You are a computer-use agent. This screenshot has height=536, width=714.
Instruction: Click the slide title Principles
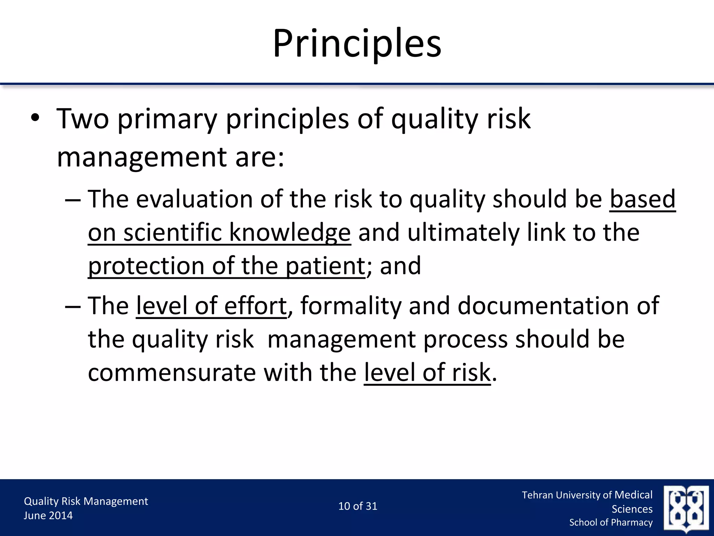357,44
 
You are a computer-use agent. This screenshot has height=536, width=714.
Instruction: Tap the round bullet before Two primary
35,119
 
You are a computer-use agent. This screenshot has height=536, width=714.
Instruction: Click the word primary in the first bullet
167,119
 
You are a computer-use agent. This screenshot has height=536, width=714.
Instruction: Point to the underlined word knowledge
290,233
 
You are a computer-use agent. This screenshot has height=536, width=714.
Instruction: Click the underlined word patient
325,266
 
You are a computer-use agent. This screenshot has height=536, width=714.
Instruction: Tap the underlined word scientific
173,233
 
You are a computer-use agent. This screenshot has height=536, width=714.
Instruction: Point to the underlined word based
642,199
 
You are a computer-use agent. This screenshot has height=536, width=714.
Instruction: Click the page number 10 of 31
358,506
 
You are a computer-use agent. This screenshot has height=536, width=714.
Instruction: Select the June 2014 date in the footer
48,515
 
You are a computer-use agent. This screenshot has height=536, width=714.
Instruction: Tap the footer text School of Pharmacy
611,522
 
